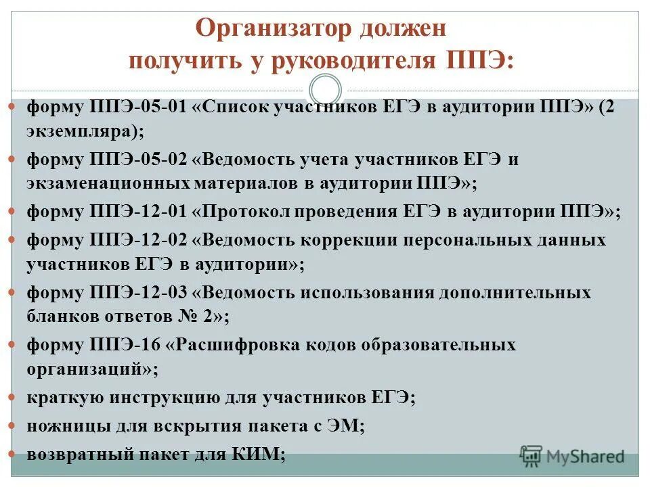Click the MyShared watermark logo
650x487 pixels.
pos(572,456)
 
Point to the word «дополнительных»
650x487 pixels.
pos(515,294)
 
